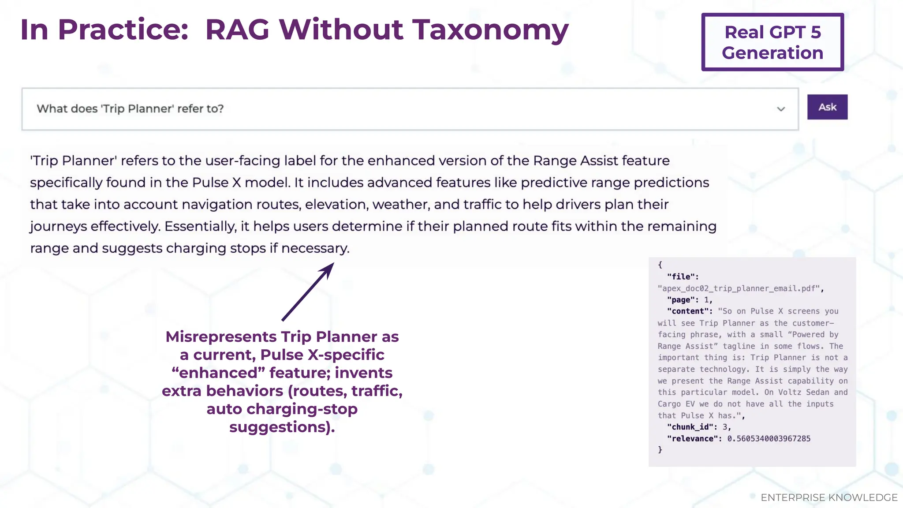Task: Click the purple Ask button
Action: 827,107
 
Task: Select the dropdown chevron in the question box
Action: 781,109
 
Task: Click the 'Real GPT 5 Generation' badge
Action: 772,42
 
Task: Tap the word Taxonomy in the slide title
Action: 490,30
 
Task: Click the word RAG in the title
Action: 237,30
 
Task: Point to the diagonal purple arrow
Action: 308,291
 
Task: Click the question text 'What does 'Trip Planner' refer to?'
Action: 130,109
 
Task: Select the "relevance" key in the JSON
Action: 694,439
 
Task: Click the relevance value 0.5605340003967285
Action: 769,439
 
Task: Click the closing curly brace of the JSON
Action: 660,450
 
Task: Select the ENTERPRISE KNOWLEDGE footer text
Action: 829,497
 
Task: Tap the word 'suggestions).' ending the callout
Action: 282,427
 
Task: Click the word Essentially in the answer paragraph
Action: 200,227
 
